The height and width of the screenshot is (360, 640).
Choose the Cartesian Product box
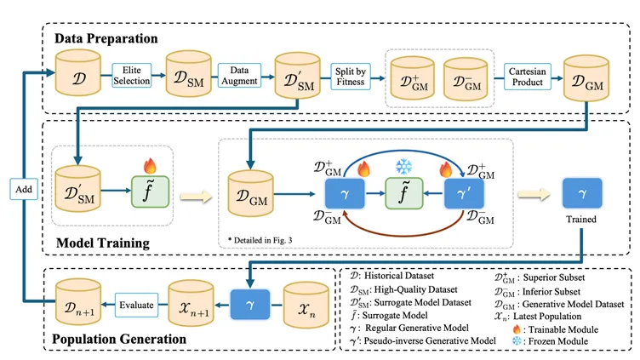pos(529,75)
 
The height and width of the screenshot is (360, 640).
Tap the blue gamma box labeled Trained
pos(582,193)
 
